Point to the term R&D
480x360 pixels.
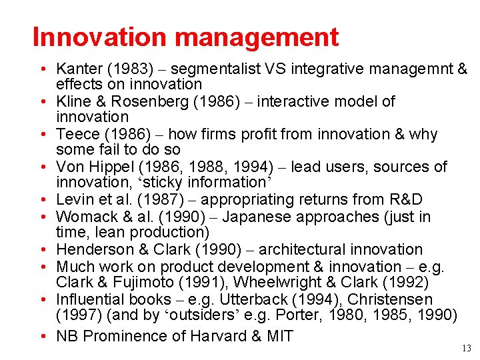(x=403, y=199)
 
